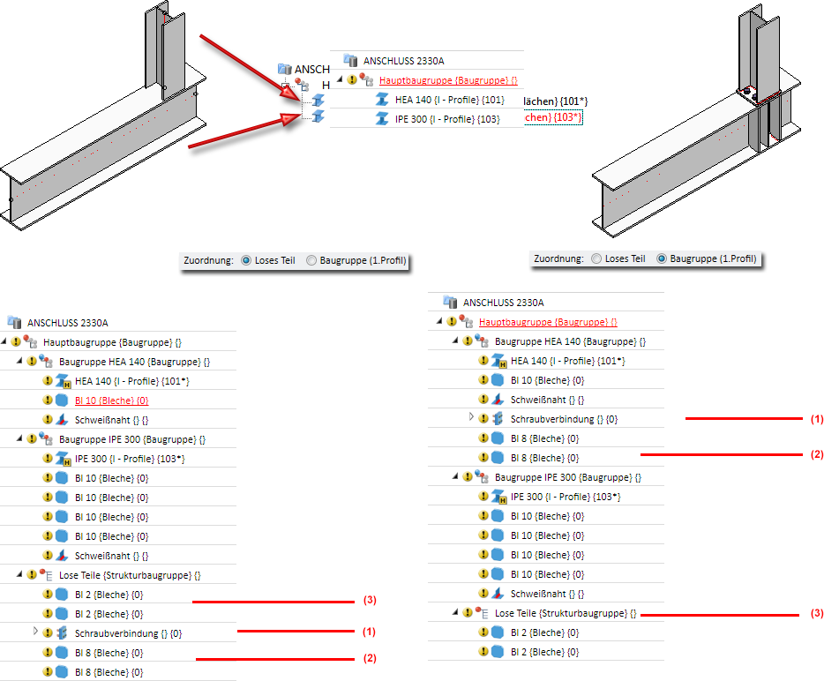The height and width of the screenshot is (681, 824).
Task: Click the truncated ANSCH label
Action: coord(312,69)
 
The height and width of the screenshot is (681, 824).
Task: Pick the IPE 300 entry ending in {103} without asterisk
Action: coord(447,118)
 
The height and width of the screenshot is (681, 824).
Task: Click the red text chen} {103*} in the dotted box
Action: coord(553,117)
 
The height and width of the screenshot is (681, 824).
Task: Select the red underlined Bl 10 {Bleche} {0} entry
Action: coord(111,400)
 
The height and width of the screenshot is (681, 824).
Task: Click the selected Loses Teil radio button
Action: coord(246,261)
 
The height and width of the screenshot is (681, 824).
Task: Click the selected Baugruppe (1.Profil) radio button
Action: coord(662,258)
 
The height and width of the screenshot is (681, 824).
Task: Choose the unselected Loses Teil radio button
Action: coord(597,258)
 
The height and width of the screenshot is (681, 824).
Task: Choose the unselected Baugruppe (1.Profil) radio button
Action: coord(311,261)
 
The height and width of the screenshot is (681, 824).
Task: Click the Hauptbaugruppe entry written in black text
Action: coord(112,342)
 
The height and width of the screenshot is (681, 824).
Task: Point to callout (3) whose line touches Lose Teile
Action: coord(816,613)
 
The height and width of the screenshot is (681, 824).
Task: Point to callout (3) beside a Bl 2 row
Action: coord(370,601)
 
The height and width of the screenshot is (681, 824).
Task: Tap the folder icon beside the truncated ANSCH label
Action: coord(284,69)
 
